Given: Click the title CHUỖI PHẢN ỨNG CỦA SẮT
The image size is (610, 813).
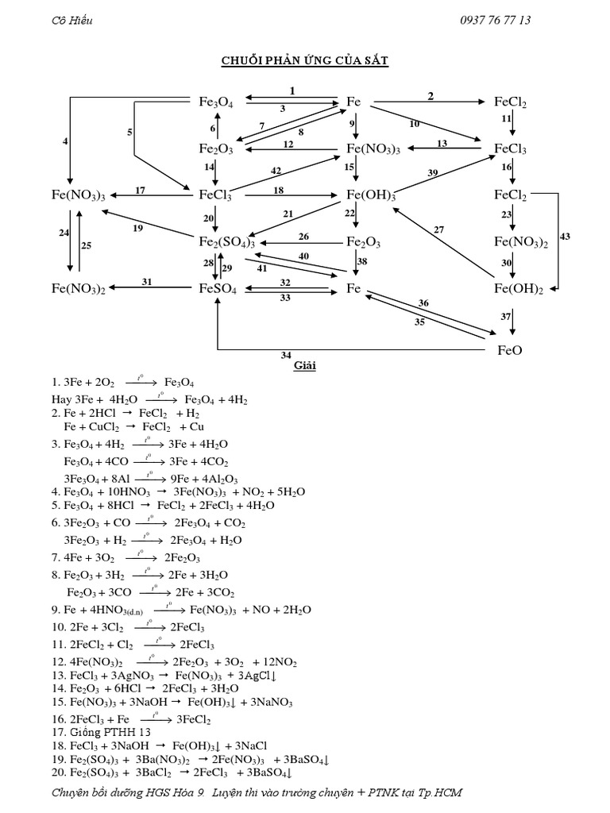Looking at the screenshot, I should [304, 62].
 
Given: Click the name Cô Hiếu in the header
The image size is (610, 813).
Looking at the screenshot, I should [71, 21].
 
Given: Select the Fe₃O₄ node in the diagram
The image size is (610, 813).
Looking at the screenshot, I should [215, 102].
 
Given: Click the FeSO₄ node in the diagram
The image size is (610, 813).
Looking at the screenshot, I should [218, 290].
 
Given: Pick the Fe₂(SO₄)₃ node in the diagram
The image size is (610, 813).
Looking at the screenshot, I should [226, 241].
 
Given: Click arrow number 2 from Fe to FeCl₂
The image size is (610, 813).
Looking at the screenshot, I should [430, 96].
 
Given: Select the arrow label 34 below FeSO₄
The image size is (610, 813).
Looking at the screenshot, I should [285, 355].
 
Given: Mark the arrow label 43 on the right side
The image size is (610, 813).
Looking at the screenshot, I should [565, 236].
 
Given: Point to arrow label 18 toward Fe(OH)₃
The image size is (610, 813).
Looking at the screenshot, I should [279, 191].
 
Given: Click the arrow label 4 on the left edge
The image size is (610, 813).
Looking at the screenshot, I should [66, 141].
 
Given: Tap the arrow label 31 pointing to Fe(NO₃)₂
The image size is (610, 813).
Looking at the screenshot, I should [147, 282].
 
